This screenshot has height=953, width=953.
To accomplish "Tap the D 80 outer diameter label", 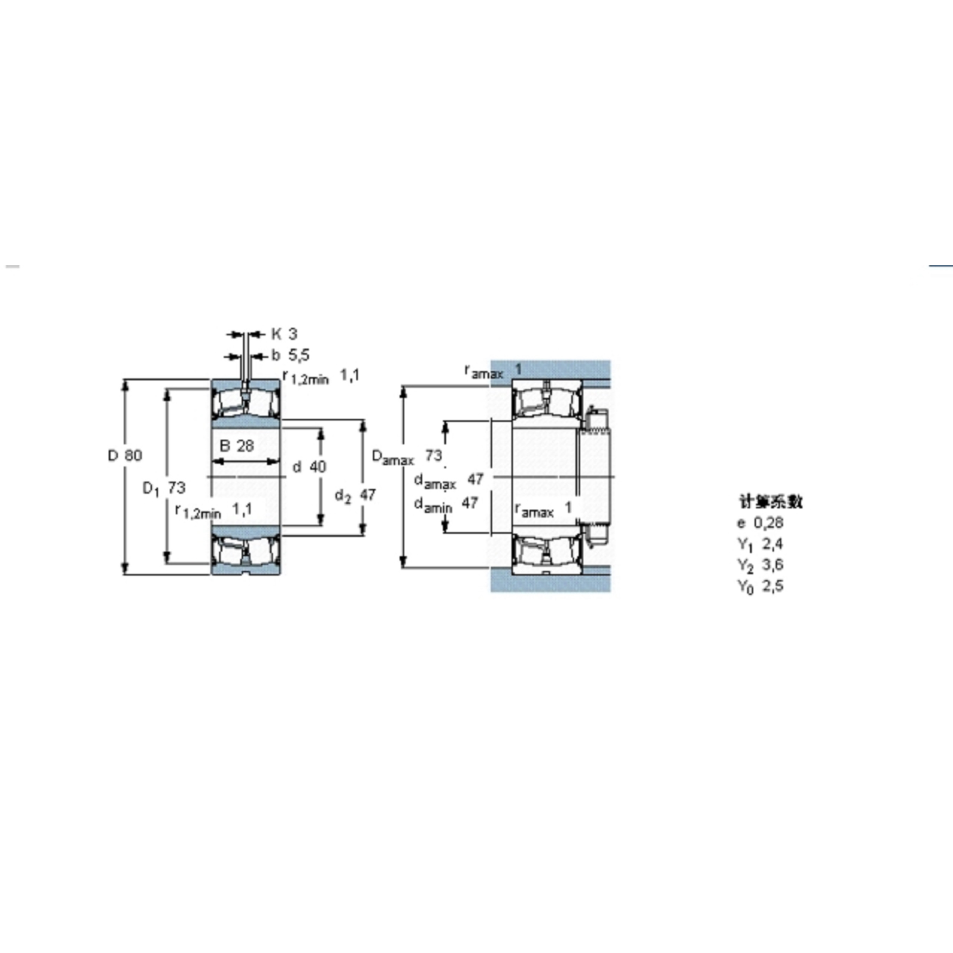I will pos(125,455).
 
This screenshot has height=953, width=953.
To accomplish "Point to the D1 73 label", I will pos(164,488).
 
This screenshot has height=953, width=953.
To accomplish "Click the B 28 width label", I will pos(236,446).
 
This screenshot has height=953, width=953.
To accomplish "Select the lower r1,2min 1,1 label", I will pos(214,510).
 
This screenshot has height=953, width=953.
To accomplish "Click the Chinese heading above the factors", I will pos(770,502).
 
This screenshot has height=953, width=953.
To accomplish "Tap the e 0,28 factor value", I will pos(760,522).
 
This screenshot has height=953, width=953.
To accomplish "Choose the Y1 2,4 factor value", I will pos(760,544).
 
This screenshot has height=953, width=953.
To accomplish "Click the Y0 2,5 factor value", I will pos(760,586).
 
